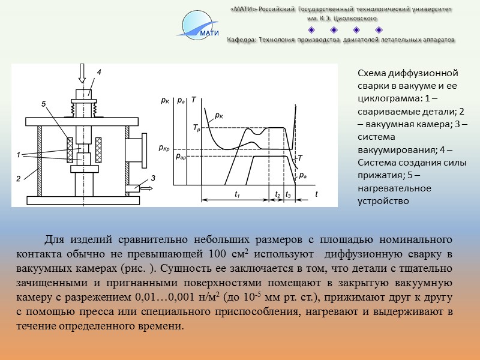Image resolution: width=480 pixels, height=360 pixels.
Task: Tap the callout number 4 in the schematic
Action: tap(98, 72)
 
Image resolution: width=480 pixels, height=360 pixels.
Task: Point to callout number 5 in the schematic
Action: tap(44, 104)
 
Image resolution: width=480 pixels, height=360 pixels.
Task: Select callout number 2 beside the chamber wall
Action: tap(19, 178)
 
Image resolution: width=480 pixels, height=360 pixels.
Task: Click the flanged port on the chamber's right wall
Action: tap(140, 150)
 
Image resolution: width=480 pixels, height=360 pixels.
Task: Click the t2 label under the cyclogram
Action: tap(277, 195)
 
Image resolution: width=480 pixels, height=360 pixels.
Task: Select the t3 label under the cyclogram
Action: tap(289, 195)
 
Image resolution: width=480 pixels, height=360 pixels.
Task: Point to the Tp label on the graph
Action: tap(197, 128)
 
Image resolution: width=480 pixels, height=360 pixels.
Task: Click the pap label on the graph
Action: tap(181, 157)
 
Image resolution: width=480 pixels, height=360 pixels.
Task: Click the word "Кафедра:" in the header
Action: tap(242, 40)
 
